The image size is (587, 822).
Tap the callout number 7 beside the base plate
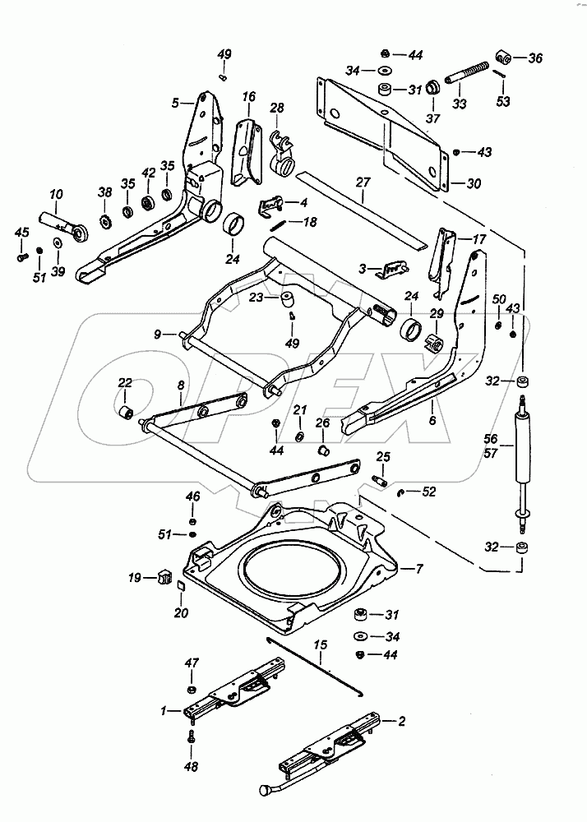pos(419,569)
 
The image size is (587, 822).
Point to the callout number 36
pos(535,58)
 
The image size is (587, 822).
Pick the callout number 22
pos(124,382)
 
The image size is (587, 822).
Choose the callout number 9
pos(157,334)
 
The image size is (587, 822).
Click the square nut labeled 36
pos(505,59)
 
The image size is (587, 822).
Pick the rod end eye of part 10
pos(80,234)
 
